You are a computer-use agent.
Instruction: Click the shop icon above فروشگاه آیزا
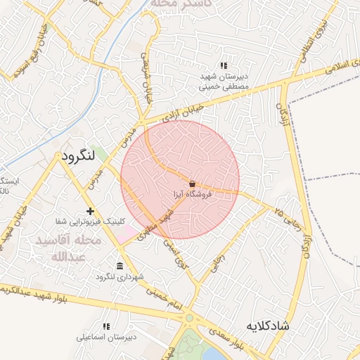(192, 183)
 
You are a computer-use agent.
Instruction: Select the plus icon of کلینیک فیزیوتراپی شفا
(89, 211)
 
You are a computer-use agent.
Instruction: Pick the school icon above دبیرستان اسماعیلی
(107, 327)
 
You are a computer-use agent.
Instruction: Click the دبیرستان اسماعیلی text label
(107, 337)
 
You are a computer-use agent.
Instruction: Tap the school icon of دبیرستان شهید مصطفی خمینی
(224, 66)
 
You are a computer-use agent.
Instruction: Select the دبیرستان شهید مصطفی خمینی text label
(224, 82)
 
